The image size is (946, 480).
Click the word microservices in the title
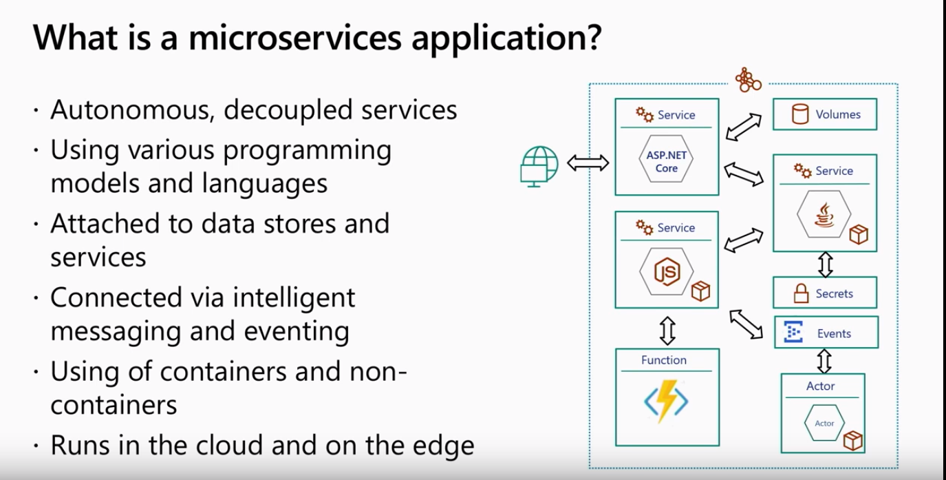294,38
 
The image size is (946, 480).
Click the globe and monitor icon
539,166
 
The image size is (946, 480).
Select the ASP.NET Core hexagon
667,158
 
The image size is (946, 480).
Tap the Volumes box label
838,114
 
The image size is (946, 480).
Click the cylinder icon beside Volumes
800,114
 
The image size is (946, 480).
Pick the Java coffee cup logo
824,216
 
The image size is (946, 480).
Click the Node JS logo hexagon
667,271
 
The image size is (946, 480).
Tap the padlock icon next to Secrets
801,293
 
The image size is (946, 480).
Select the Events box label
834,334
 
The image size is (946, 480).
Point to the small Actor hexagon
824,423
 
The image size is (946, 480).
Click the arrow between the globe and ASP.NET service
588,163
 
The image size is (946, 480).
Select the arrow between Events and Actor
825,361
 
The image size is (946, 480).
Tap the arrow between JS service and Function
667,331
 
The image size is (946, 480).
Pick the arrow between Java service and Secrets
826,264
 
